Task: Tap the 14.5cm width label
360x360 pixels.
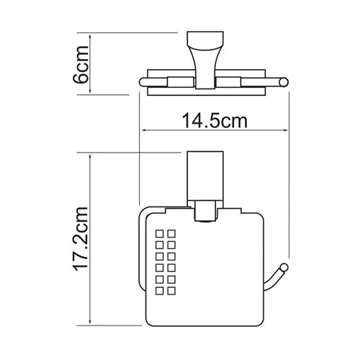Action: click(212, 122)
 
